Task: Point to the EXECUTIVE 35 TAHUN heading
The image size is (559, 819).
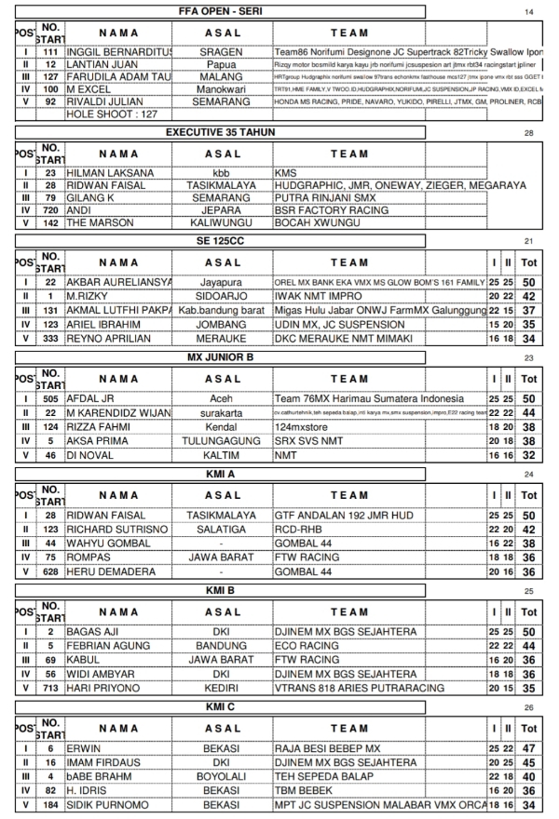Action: (221, 132)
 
